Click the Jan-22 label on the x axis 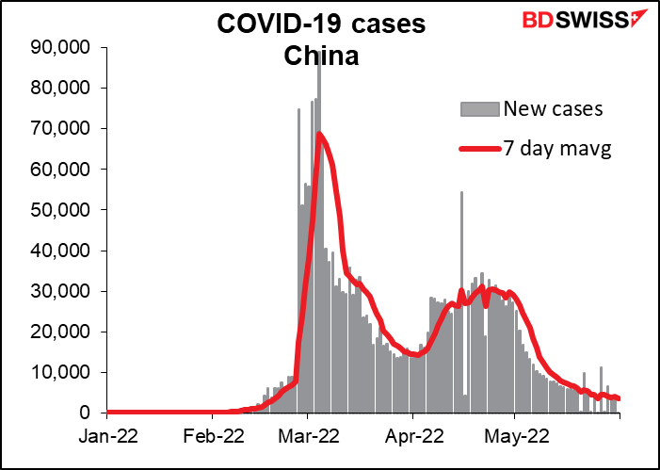106,437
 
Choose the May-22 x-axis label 514,437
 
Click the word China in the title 322,57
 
